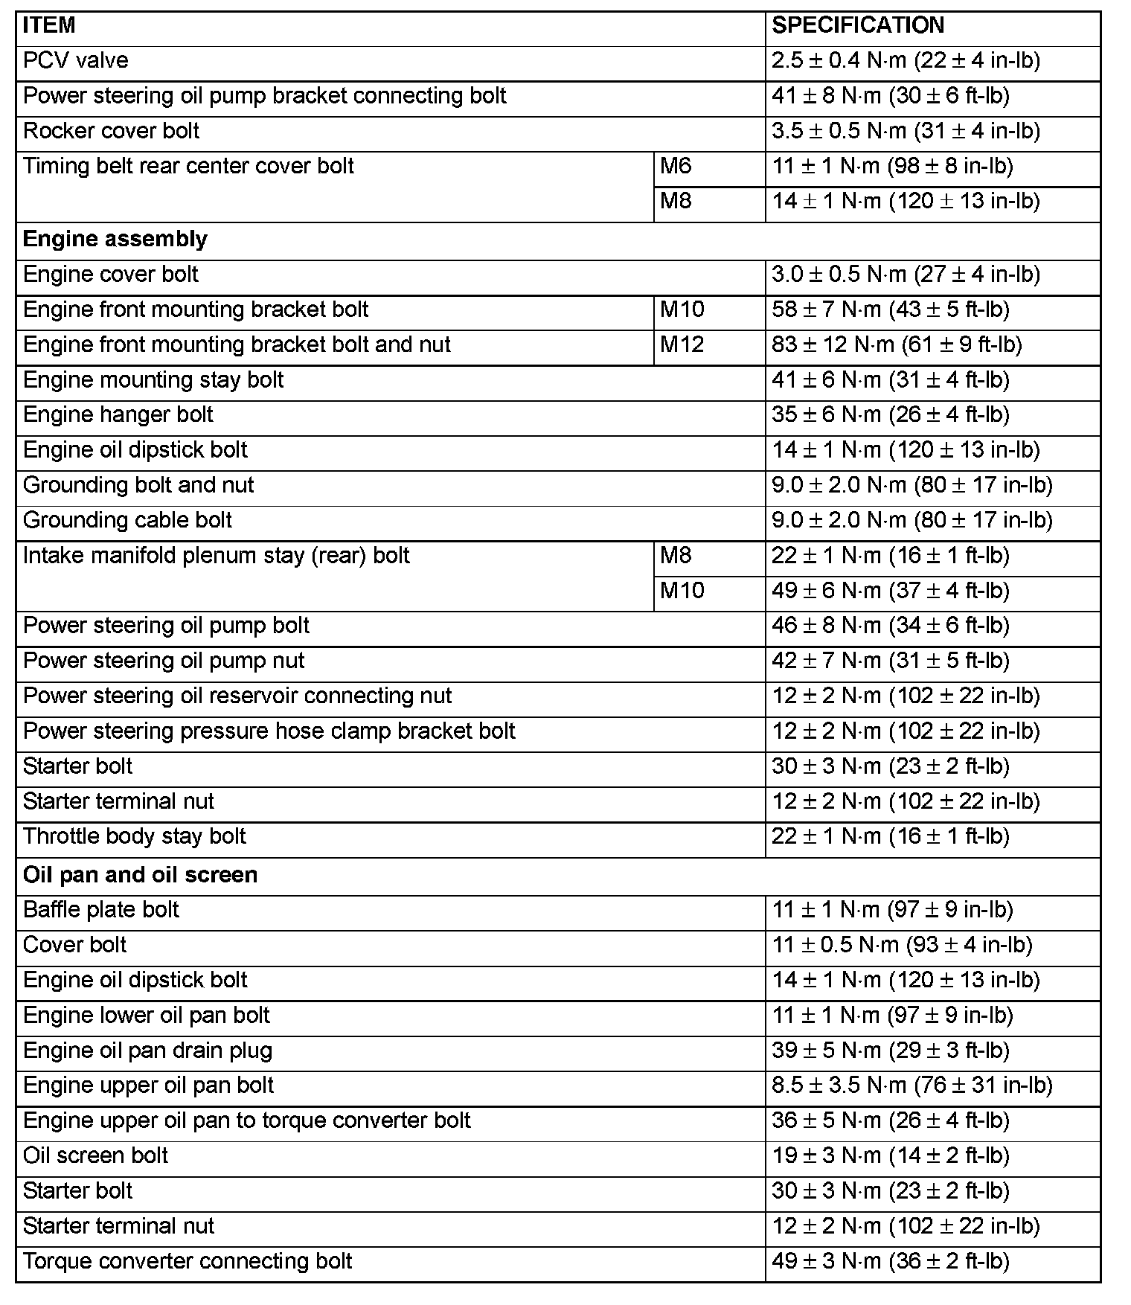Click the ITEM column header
pos(49,26)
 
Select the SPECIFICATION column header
pos(857,26)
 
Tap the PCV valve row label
pos(76,60)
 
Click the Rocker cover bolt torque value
pos(906,131)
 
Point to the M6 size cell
pos(676,166)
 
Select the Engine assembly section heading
pos(115,239)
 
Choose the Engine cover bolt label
pos(111,275)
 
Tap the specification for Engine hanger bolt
pos(891,414)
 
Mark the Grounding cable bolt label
pos(128,520)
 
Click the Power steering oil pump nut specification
pos(891,661)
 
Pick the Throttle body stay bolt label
pos(135,836)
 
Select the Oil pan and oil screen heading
pos(141,874)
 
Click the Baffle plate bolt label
pos(101,910)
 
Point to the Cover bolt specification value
pos(902,945)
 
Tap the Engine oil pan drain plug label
pos(148,1051)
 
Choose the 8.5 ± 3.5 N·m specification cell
pos(912,1086)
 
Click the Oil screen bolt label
pos(96,1155)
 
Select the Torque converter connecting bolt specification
pos(891,1261)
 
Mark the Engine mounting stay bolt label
pos(153,380)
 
